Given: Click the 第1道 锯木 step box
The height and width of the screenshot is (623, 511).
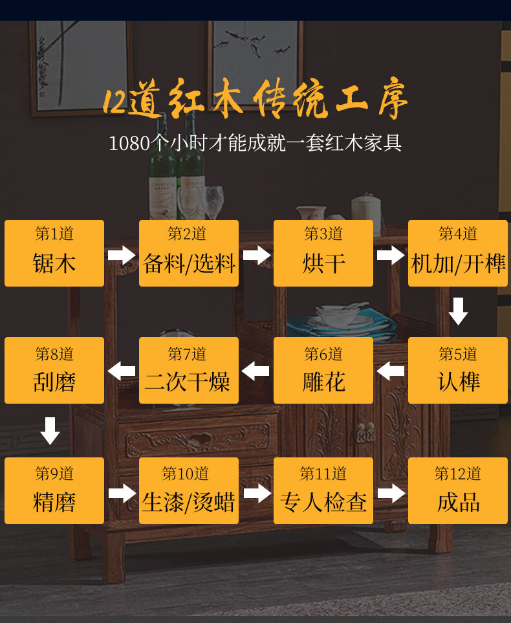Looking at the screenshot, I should [x=54, y=253].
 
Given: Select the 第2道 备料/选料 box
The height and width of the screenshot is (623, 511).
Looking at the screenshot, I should [x=189, y=253].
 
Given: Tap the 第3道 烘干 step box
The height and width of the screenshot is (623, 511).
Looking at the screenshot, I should [x=323, y=253].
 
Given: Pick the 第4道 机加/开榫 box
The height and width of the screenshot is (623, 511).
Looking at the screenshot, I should [x=458, y=253].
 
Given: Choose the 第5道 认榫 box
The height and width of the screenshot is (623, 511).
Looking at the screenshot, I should [x=458, y=371].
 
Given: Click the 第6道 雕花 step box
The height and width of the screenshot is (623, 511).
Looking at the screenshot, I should [x=323, y=371].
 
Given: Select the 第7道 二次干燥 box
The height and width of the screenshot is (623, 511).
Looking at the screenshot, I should [x=189, y=371].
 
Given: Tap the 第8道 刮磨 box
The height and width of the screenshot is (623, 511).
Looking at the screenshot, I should [x=54, y=371].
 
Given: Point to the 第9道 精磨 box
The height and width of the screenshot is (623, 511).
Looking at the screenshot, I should [x=54, y=491].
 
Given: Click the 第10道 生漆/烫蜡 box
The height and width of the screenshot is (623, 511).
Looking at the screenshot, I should [x=189, y=491].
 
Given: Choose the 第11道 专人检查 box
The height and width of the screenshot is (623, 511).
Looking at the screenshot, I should [x=323, y=491].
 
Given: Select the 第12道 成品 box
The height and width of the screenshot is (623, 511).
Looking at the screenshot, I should [x=458, y=491].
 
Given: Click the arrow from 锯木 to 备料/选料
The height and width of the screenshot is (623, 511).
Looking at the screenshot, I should [x=122, y=254].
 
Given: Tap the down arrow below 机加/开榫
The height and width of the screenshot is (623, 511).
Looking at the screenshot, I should [x=458, y=311].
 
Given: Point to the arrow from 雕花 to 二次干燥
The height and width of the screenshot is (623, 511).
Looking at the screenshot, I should [x=256, y=371].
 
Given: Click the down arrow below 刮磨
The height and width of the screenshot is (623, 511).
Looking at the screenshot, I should [x=50, y=431].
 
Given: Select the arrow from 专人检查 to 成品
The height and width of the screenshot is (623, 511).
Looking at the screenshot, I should [x=391, y=494].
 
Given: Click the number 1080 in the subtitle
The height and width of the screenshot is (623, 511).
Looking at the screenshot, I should [x=129, y=143].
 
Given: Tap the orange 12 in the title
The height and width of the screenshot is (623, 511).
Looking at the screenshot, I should [x=114, y=102].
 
